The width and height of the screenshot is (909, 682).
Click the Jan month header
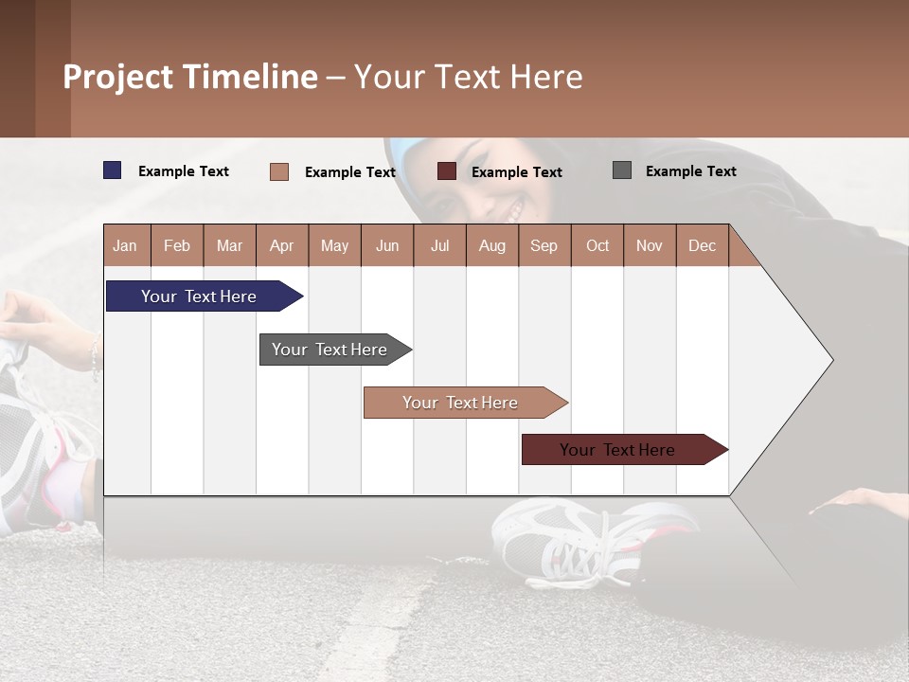pyautogui.click(x=125, y=245)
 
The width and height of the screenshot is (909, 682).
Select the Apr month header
pyautogui.click(x=281, y=245)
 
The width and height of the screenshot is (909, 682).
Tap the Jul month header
pyautogui.click(x=439, y=245)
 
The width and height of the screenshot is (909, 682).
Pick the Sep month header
pyautogui.click(x=544, y=245)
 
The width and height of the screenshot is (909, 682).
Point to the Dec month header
pyautogui.click(x=702, y=245)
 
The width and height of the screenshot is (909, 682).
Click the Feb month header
pyautogui.click(x=177, y=245)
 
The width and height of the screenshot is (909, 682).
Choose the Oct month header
pyautogui.click(x=597, y=245)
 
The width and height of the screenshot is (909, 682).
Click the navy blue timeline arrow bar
pyautogui.click(x=200, y=296)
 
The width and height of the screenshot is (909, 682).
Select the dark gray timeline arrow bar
pyautogui.click(x=330, y=350)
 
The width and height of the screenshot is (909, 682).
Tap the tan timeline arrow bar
pyautogui.click(x=461, y=403)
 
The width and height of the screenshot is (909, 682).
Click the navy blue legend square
pyautogui.click(x=113, y=170)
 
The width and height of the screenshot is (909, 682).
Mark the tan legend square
pyautogui.click(x=279, y=171)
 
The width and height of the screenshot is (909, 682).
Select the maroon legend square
pyautogui.click(x=447, y=170)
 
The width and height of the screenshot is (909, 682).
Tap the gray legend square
pyautogui.click(x=622, y=170)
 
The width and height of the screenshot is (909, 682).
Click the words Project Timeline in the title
pyautogui.click(x=190, y=77)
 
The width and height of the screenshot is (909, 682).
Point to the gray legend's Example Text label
pyautogui.click(x=690, y=171)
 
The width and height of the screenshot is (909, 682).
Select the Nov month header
pyautogui.click(x=650, y=245)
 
